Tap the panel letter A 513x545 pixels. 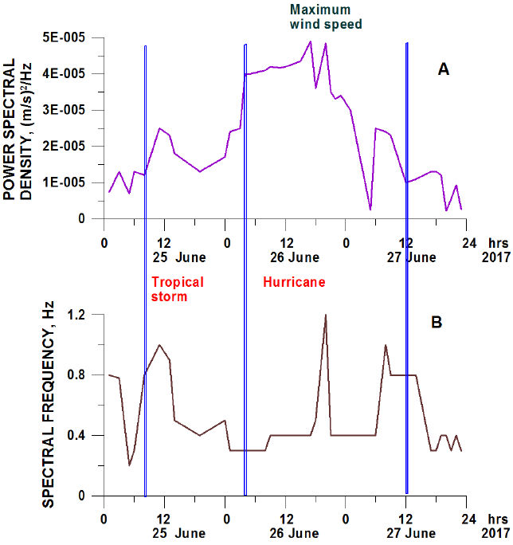[444, 70]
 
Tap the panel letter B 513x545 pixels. [437, 323]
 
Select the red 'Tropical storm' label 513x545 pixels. [178, 289]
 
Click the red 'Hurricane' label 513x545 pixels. [294, 282]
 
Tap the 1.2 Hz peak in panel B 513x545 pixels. [325, 316]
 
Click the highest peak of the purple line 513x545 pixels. [310, 41]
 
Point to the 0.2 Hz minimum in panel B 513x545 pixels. [129, 465]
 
